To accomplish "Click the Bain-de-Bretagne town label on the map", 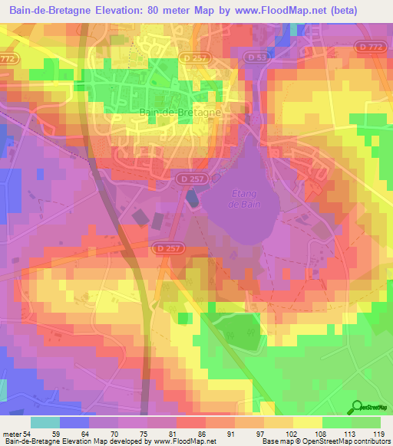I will click(x=180, y=111).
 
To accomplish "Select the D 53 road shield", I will click(x=258, y=57).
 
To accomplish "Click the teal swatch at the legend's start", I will click(x=45, y=422).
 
